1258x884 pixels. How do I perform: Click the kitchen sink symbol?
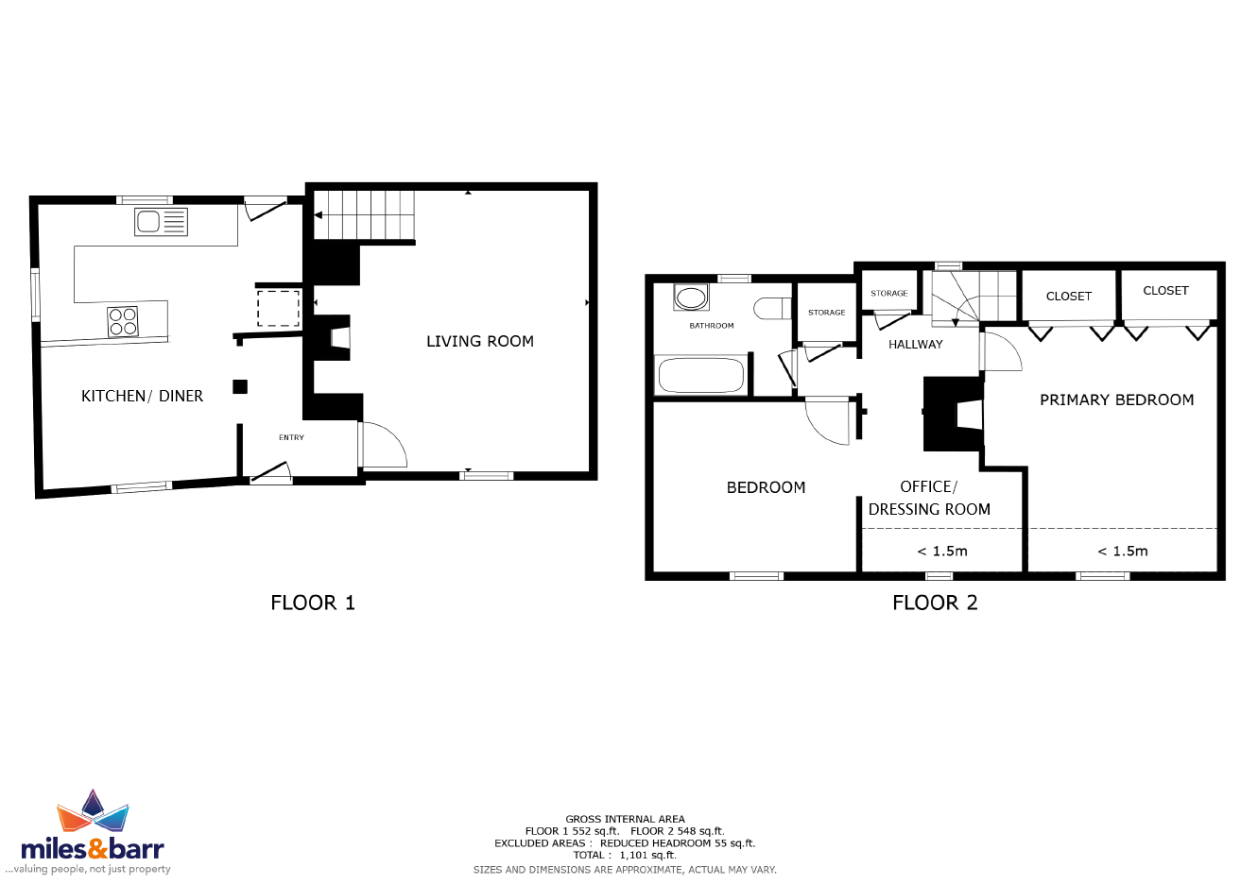point(161,222)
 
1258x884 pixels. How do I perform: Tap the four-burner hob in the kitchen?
point(123,321)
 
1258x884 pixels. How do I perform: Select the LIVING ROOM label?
point(479,341)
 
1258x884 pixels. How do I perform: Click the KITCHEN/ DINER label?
point(142,397)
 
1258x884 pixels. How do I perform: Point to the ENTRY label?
point(291,438)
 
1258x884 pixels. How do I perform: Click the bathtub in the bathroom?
point(701,376)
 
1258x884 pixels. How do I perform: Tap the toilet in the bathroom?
point(772,309)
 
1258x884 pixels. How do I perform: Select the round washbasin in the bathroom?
point(691,298)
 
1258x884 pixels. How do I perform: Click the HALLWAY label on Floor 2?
point(916,345)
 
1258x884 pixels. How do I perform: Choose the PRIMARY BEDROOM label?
point(1116,400)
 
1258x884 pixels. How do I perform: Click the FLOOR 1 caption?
point(313,603)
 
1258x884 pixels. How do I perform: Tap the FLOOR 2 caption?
point(935,603)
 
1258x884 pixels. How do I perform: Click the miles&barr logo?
point(93,832)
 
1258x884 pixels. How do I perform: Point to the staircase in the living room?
point(364,215)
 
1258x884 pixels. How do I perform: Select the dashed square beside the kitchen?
point(278,308)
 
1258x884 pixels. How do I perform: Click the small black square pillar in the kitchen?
point(240,386)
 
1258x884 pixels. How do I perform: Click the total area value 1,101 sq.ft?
point(648,856)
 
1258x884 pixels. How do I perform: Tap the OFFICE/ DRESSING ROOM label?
point(929,499)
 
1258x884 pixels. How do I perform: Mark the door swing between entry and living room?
point(384,445)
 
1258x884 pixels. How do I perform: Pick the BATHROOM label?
point(712,326)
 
